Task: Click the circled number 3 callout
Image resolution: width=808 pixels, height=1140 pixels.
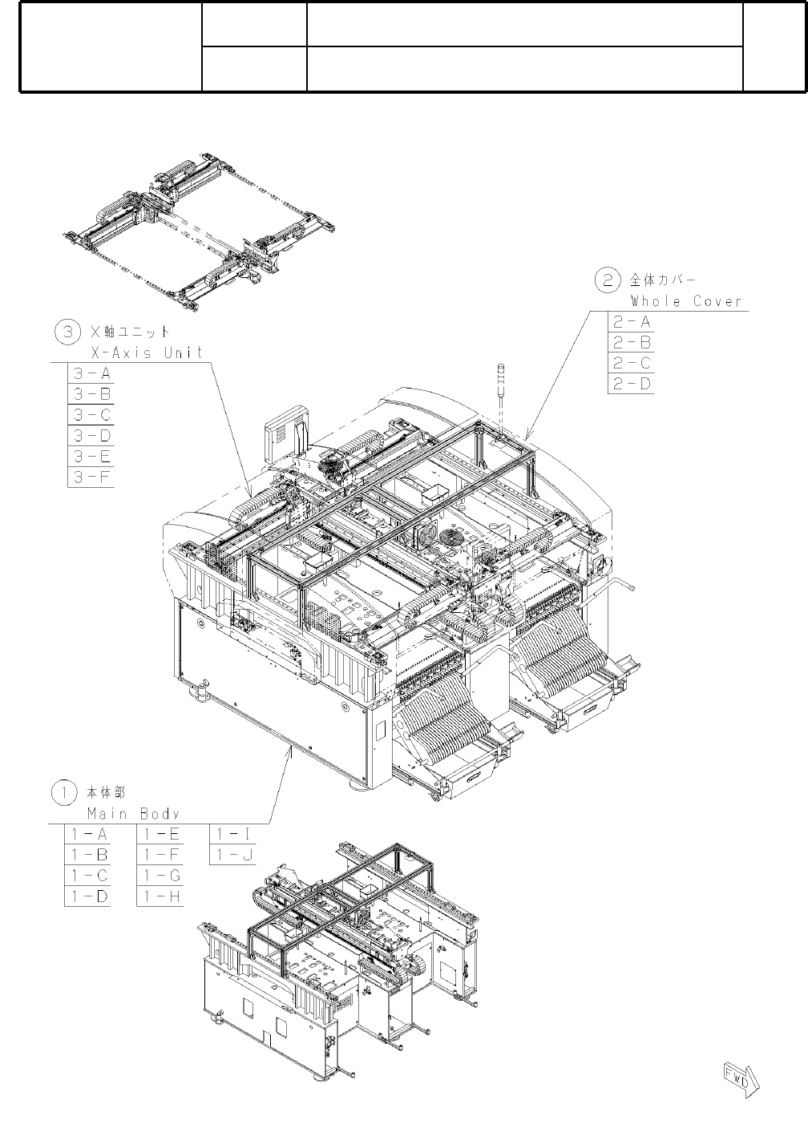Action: click(x=65, y=331)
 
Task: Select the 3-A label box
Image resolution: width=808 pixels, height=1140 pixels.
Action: click(x=91, y=373)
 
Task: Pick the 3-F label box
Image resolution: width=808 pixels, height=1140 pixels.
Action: click(x=91, y=477)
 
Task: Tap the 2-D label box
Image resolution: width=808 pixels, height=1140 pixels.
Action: click(x=631, y=384)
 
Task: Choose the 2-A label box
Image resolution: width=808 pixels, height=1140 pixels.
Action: click(x=631, y=322)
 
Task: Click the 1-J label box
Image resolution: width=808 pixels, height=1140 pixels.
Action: click(x=232, y=855)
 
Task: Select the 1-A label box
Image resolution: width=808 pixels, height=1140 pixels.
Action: click(x=87, y=834)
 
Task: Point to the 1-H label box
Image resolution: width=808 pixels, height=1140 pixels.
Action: click(x=160, y=896)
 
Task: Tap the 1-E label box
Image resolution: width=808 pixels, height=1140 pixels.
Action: click(x=160, y=834)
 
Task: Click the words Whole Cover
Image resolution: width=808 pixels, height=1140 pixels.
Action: click(x=686, y=302)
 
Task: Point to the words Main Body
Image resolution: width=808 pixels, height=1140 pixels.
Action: click(x=133, y=813)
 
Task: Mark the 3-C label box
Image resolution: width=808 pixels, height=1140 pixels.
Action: click(x=91, y=415)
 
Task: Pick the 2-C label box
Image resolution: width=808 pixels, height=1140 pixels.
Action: click(x=631, y=363)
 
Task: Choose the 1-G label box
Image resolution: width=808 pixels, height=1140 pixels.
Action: click(x=160, y=876)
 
